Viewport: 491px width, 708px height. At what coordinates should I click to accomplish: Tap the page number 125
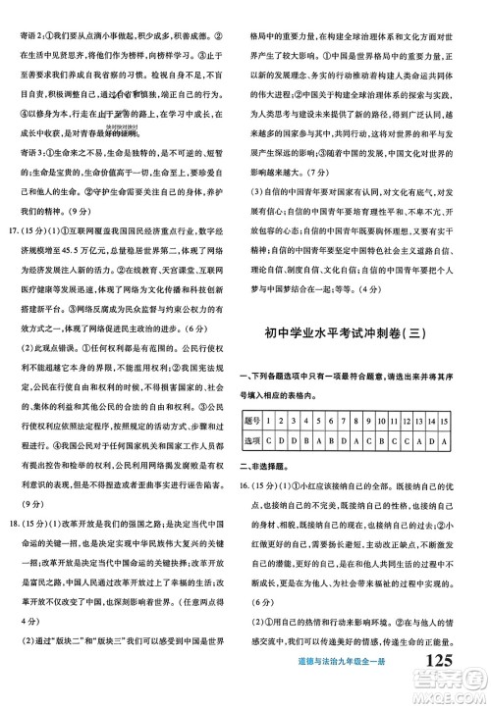(431, 688)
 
